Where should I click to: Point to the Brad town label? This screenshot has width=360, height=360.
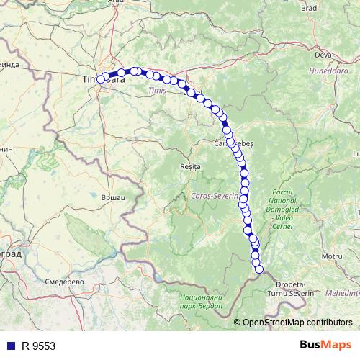click(309, 8)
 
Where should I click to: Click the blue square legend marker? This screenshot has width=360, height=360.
click(9, 346)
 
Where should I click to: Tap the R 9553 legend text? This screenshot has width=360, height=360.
click(38, 346)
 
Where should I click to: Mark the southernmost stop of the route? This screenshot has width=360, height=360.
click(259, 270)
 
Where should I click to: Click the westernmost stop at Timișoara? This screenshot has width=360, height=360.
click(101, 80)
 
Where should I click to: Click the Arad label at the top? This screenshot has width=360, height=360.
click(115, 2)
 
